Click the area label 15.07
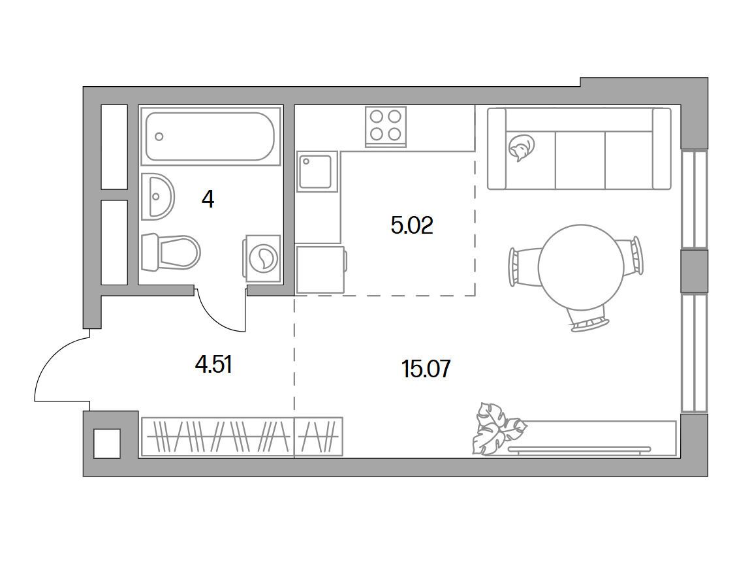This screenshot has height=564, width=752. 426,369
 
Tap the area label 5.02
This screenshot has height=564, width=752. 412,225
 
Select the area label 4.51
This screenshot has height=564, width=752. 214,365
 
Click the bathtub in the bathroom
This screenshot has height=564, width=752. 210,136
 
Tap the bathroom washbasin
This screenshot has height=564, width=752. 157,196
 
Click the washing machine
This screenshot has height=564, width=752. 262,258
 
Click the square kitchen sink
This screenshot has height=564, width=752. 315,171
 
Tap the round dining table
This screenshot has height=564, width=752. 581,266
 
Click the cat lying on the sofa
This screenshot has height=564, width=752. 521,147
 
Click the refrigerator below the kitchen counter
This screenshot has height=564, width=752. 321,269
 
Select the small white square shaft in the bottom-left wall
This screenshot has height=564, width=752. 107,443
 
